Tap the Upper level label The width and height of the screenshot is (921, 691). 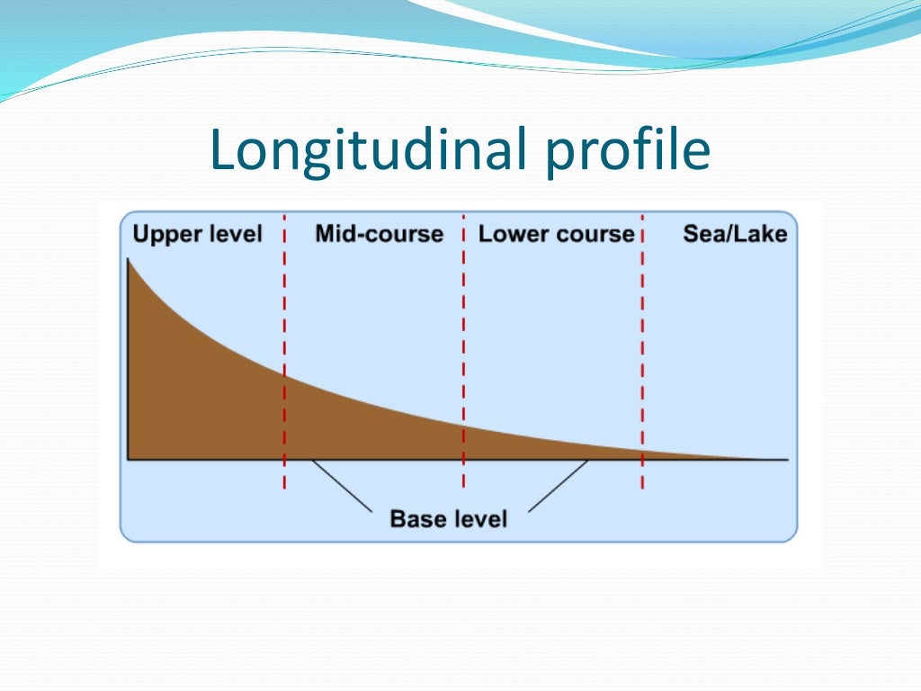tap(197, 235)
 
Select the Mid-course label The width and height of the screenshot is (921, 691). tap(379, 235)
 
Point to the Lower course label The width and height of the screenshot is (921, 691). tap(556, 235)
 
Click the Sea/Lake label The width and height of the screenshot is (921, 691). tap(735, 235)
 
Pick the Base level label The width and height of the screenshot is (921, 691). tap(448, 519)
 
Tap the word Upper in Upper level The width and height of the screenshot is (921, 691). tap(165, 235)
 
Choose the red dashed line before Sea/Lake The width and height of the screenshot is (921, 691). tap(642, 360)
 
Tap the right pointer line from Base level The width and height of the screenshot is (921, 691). tap(558, 487)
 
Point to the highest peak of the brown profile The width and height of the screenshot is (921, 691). tap(130, 262)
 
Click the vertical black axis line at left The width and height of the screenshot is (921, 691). tap(129, 378)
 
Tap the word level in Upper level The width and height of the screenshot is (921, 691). tap(234, 235)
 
